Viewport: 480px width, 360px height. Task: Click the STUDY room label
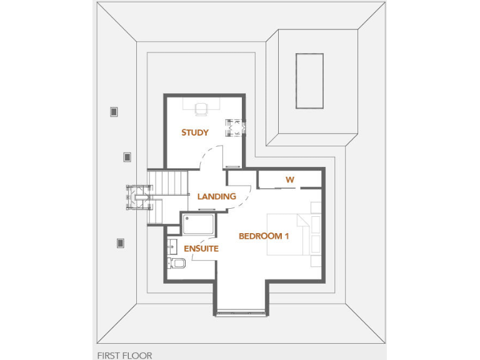195,132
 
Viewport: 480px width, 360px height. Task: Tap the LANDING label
216,196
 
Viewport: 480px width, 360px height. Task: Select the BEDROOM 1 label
264,236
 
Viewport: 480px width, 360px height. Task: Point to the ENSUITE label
201,248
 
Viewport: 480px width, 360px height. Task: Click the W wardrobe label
289,180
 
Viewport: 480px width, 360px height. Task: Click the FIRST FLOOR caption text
124,355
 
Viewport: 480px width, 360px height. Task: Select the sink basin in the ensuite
172,245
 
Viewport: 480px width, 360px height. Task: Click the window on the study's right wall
238,128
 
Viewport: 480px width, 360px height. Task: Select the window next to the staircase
139,196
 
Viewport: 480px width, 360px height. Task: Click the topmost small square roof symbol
114,112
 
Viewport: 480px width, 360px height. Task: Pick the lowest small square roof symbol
121,243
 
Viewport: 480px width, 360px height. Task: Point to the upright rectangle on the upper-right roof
309,81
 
